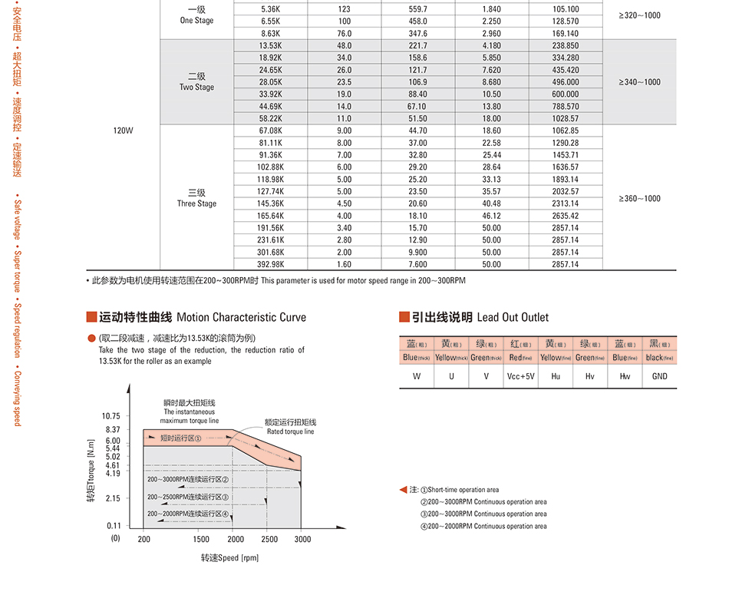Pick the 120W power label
[123, 131]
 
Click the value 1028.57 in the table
[565, 119]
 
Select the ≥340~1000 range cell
[639, 82]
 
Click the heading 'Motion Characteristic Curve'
[241, 317]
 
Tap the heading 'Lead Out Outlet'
[513, 317]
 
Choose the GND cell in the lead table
[659, 376]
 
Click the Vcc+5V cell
[520, 376]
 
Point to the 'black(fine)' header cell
[659, 357]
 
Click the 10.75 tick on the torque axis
[111, 416]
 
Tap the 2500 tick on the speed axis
[269, 539]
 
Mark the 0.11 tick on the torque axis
[113, 526]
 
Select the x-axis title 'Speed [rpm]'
[230, 557]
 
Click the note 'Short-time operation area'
[463, 490]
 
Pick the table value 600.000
[565, 94]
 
